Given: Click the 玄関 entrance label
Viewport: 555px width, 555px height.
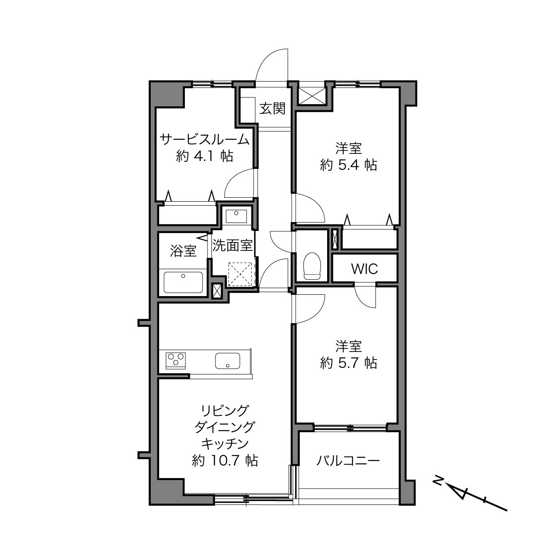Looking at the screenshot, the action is click(272, 109).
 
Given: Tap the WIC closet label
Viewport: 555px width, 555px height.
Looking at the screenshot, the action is click(364, 269).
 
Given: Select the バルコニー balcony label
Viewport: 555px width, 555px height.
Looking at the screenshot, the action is click(348, 461).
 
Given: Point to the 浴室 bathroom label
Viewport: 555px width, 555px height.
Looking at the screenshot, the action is click(183, 250).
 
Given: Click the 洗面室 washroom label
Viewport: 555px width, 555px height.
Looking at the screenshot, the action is click(232, 246).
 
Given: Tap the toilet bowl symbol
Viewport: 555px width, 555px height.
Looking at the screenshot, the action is click(313, 266).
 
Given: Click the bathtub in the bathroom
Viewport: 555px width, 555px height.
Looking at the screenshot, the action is click(183, 282).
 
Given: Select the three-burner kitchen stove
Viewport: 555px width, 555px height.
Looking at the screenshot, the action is click(176, 360).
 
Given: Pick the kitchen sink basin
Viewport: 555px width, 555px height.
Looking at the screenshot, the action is click(227, 360).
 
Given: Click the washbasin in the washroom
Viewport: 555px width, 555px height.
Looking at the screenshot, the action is click(236, 217).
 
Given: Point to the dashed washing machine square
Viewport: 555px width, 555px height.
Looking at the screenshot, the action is click(240, 274).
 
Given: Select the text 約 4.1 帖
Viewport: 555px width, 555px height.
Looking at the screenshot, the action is click(204, 156).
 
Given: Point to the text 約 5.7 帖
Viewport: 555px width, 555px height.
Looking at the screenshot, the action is click(348, 363).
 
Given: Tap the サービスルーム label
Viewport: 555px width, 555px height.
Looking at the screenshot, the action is click(204, 140).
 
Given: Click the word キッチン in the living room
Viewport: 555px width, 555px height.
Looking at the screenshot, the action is click(225, 444).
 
